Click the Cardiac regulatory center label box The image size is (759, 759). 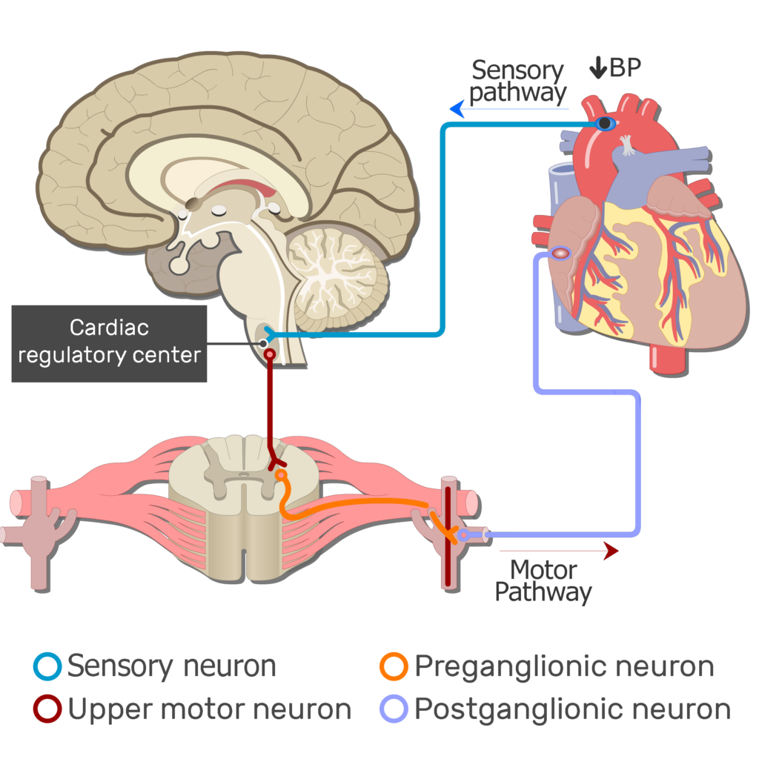coord(109,343)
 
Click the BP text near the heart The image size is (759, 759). coord(625,68)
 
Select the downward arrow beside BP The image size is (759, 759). coord(597,68)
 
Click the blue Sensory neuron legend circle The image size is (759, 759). coord(47,666)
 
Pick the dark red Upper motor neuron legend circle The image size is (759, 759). coord(47,709)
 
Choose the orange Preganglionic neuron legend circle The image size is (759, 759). coord(394,666)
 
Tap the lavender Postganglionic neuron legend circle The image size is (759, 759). coord(394,709)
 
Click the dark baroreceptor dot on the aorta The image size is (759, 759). coord(606,124)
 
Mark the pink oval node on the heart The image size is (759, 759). coord(561,253)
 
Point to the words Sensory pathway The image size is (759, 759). coord(518,82)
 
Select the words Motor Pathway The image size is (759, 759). coord(543,581)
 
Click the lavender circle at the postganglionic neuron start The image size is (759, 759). coord(463,534)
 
